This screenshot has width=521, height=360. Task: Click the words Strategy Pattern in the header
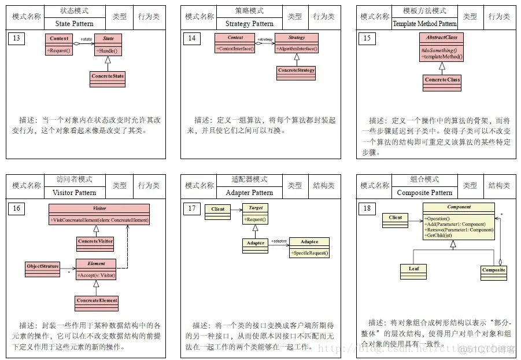(249, 24)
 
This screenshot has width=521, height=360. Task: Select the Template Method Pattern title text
(424, 24)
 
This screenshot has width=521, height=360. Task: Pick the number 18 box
(367, 208)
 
